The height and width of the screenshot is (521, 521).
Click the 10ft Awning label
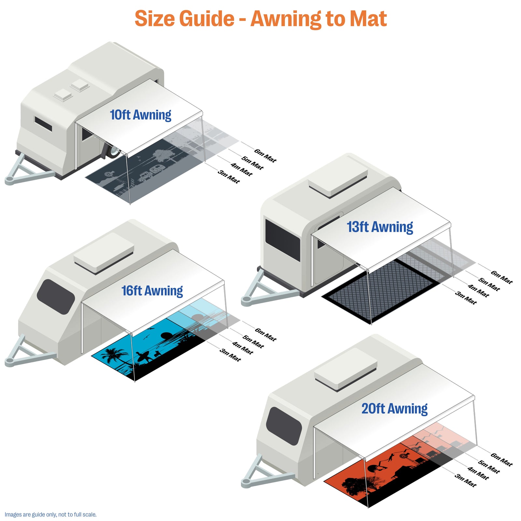point(141,115)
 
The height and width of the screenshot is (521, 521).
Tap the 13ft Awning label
point(380,227)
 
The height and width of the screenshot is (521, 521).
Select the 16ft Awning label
point(152,291)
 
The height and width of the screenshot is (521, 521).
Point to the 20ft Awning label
point(395,409)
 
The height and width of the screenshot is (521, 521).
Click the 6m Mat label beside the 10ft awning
point(265,156)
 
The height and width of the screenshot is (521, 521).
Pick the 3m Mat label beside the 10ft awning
point(229,177)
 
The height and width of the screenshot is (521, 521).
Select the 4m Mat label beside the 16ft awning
point(243,348)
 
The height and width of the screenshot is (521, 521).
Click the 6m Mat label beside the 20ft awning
point(502,459)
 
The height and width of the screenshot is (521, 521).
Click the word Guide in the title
point(207,19)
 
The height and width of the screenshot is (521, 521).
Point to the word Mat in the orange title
point(368,19)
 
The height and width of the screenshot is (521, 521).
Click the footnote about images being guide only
point(50,514)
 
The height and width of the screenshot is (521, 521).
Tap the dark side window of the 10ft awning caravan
point(43,124)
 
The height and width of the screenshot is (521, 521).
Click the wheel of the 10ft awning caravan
point(113,151)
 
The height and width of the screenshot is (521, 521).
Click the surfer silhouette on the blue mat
point(144,357)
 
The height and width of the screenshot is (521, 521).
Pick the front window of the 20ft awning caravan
point(284,426)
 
